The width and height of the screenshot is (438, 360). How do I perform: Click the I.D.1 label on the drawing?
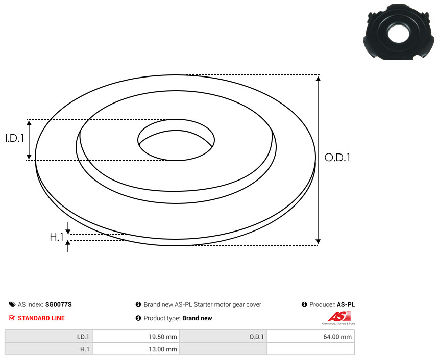pos(15,138)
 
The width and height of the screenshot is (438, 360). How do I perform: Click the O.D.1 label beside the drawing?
pos(337,158)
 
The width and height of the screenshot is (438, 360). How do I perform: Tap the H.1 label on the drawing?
pos(57,237)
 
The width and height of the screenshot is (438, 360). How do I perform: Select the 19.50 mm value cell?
pos(136,337)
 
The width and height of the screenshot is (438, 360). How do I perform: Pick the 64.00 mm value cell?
pos(310,337)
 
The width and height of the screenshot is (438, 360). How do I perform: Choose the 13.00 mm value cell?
pos(136,349)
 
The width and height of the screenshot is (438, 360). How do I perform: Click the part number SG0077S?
pos(58,305)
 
